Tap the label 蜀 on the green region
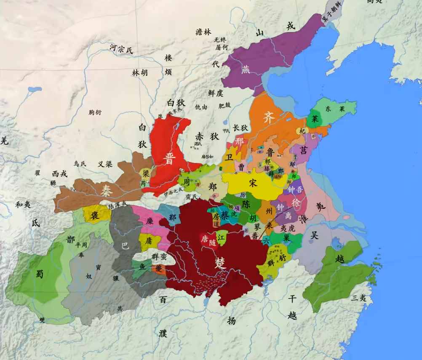40,274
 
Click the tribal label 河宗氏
121,49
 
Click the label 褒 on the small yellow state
95,215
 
